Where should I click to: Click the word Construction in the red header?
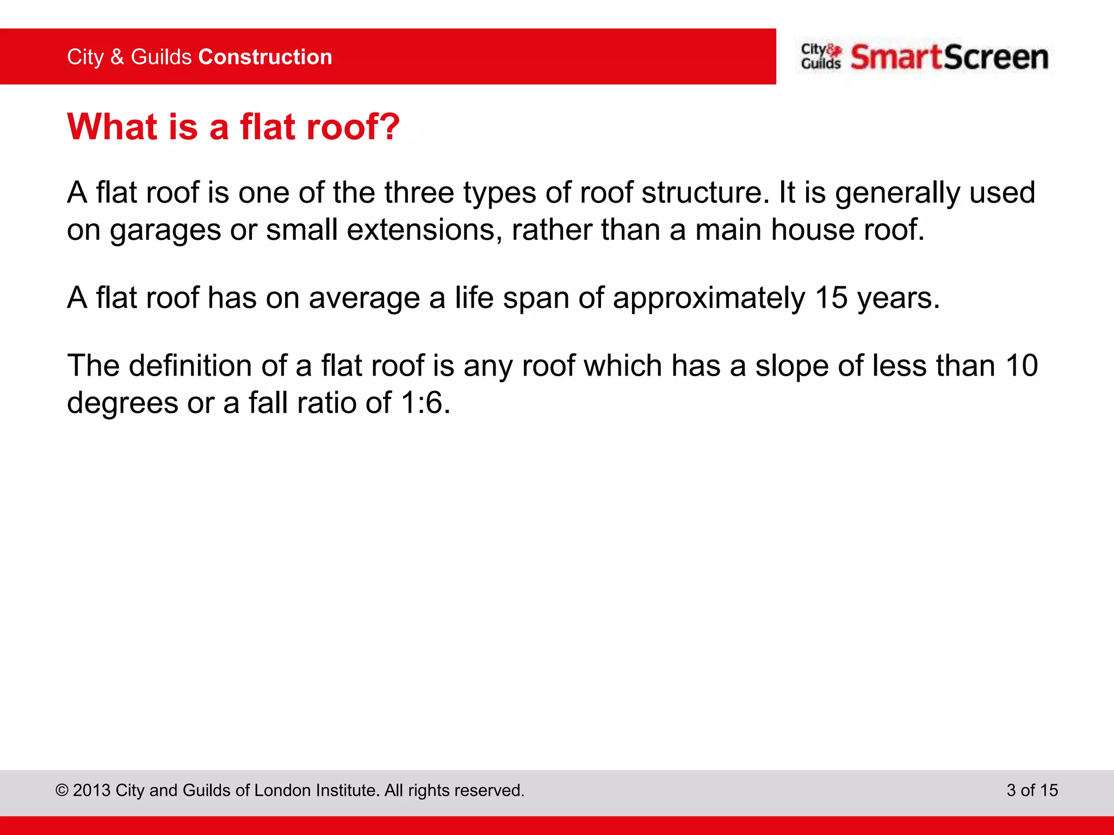pyautogui.click(x=265, y=57)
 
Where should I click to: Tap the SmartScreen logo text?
pyautogui.click(x=949, y=57)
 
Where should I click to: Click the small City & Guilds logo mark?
pyautogui.click(x=821, y=57)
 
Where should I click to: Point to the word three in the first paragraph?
pyautogui.click(x=419, y=192)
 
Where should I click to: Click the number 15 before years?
pyautogui.click(x=831, y=298)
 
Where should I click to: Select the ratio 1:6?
pyautogui.click(x=422, y=403)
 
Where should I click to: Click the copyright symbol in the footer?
pyautogui.click(x=62, y=790)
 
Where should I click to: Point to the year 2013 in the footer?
pyautogui.click(x=91, y=790)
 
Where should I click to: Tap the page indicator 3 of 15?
pyautogui.click(x=1032, y=790)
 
